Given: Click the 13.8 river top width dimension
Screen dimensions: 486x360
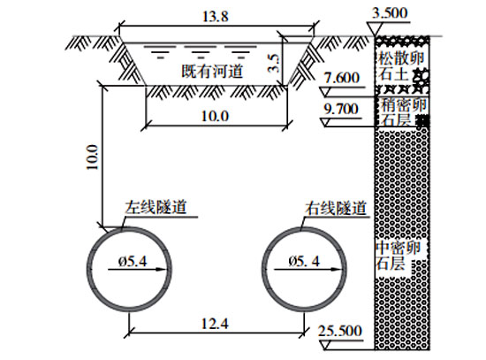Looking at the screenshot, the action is tap(216, 17).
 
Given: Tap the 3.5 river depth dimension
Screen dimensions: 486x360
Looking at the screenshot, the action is tap(274, 64).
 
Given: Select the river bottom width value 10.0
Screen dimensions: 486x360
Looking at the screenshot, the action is tap(215, 117).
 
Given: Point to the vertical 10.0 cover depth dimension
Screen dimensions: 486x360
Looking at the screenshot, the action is tap(92, 157).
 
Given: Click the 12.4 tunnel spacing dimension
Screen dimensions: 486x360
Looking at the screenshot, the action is tap(215, 324).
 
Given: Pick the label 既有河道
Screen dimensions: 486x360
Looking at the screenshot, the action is tap(212, 71).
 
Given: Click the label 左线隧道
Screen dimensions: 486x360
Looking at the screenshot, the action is tap(156, 207).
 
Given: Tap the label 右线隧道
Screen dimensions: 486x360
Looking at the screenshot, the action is tap(336, 208).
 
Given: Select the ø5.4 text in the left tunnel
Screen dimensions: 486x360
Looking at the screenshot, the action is tap(133, 262).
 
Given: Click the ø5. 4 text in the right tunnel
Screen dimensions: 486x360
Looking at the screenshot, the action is tap(304, 262).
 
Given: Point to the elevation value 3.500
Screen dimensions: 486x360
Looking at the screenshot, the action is tap(390, 13).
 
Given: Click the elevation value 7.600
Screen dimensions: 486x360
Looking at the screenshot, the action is tap(342, 78).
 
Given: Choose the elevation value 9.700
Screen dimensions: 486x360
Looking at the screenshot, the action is tap(341, 110).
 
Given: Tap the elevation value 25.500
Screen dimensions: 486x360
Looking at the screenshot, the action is tap(340, 331).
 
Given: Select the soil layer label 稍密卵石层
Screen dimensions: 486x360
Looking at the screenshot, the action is tap(403, 112).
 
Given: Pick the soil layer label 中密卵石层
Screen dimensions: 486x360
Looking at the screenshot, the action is tap(398, 256).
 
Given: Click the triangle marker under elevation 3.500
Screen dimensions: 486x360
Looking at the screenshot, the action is tap(375, 29).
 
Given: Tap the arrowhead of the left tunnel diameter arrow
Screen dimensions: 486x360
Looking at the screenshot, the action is tap(162, 270).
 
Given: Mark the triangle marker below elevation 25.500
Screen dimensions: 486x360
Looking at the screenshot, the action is tap(325, 345).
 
